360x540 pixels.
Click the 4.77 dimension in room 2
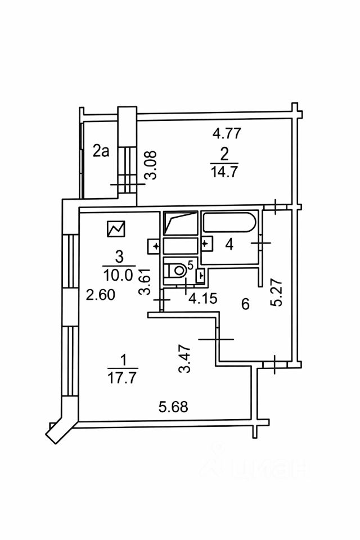[226, 133]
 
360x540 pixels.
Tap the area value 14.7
[223, 171]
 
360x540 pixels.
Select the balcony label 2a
[101, 151]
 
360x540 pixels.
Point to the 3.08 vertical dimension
[151, 165]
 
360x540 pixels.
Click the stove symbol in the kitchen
[116, 229]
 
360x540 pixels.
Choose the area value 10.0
[118, 275]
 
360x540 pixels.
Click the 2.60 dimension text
[100, 295]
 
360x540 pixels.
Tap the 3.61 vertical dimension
[145, 281]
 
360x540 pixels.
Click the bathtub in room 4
[229, 223]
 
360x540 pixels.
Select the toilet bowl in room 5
[177, 269]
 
